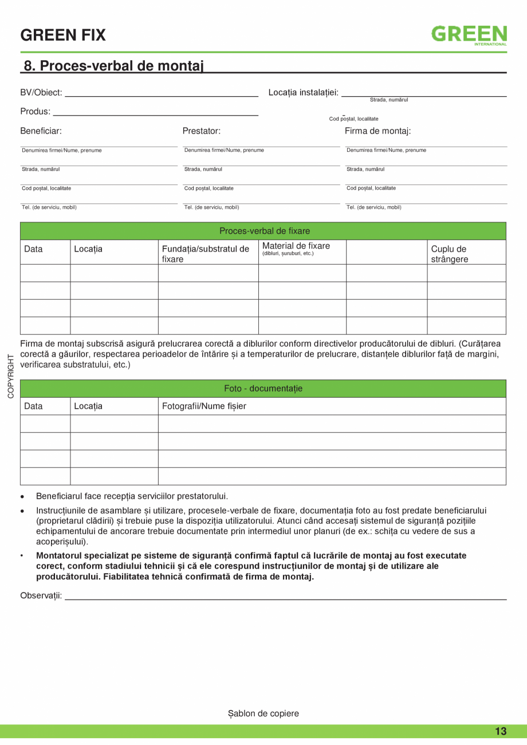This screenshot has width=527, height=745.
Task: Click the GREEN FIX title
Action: click(x=63, y=36)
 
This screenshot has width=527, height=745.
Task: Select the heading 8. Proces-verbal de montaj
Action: click(x=113, y=66)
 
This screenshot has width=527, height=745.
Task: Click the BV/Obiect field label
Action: click(x=41, y=92)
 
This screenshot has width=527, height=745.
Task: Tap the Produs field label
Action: click(x=35, y=111)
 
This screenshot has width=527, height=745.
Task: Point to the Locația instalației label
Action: click(x=303, y=92)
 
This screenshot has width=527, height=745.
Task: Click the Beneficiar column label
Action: click(x=41, y=131)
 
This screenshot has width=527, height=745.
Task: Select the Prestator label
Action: click(x=202, y=131)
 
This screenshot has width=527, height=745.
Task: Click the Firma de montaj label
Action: click(x=377, y=131)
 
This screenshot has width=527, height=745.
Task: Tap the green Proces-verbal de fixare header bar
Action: click(x=263, y=231)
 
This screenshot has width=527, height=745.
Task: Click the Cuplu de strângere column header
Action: click(x=449, y=254)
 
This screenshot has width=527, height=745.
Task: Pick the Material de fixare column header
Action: click(x=296, y=246)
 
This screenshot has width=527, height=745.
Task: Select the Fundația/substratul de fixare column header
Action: click(x=206, y=254)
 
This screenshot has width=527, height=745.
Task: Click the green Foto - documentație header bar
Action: click(x=263, y=389)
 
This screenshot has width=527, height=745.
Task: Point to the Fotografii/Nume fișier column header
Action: click(x=204, y=406)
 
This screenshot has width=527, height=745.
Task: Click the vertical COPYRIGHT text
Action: click(x=11, y=377)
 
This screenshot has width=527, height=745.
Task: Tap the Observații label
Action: click(x=41, y=595)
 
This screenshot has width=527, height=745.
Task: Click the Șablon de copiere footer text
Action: click(x=263, y=713)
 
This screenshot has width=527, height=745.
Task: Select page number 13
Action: click(x=501, y=731)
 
